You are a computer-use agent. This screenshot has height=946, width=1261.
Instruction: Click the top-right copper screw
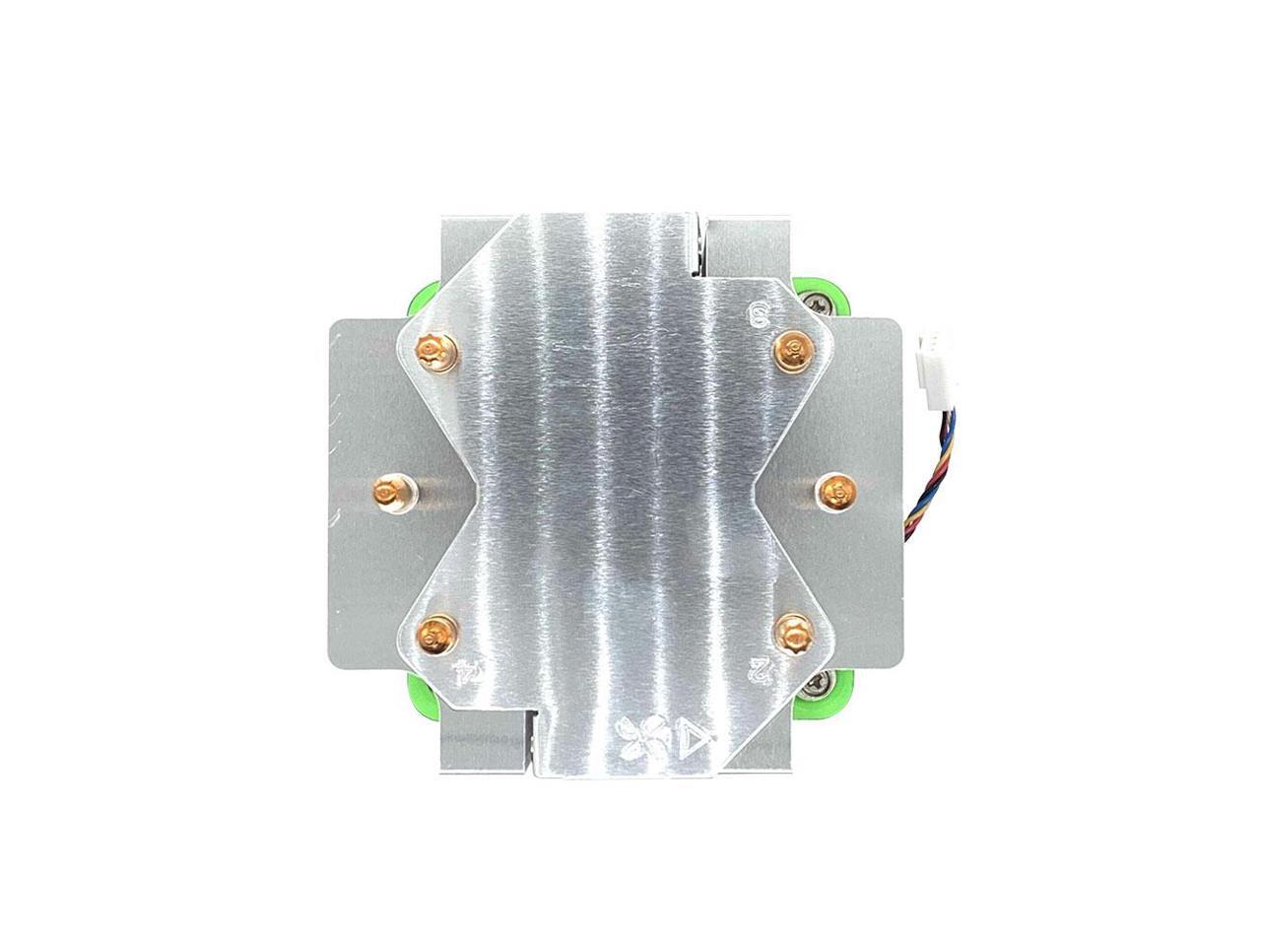pyautogui.click(x=790, y=347)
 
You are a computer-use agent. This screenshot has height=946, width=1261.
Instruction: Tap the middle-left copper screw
pyautogui.click(x=391, y=491)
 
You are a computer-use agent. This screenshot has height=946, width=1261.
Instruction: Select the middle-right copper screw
pyautogui.click(x=833, y=489)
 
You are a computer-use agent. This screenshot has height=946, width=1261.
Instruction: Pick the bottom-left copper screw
pyautogui.click(x=431, y=631)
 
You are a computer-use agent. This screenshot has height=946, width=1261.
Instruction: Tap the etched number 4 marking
pyautogui.click(x=463, y=675)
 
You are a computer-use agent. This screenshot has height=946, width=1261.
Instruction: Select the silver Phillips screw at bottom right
pyautogui.click(x=821, y=680)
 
